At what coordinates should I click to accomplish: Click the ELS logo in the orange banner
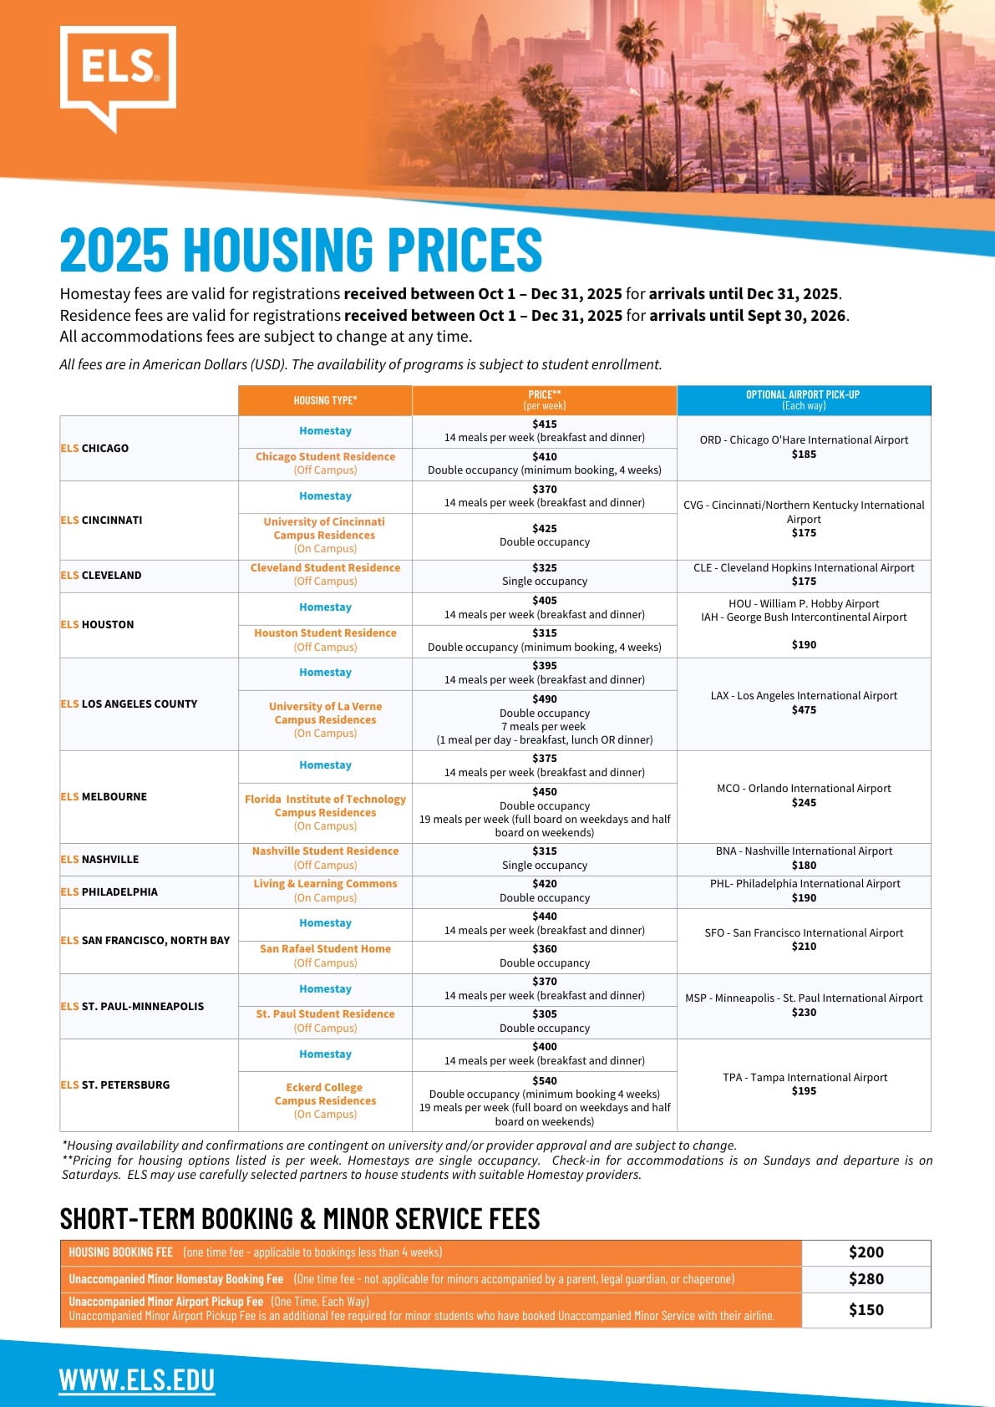(x=118, y=74)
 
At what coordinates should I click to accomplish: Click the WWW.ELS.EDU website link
(x=137, y=1379)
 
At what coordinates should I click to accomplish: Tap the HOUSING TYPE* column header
(x=325, y=400)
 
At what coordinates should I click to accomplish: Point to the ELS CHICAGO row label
(x=94, y=448)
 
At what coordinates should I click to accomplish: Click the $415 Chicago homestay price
(x=545, y=424)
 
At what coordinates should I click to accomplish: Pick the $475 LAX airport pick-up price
(x=804, y=710)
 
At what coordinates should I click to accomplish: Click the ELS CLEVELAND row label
(x=101, y=575)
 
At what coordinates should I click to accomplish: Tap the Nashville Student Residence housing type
(x=325, y=851)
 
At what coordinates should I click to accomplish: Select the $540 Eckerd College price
(x=545, y=1080)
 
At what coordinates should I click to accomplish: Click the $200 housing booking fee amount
(x=866, y=1252)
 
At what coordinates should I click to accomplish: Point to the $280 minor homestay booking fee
(x=866, y=1279)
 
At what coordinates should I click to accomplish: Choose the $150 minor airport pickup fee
(x=866, y=1310)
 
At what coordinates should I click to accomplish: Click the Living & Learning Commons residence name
(x=325, y=883)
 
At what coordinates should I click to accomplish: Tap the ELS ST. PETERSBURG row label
(x=114, y=1084)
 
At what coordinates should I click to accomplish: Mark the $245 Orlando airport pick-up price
(x=804, y=803)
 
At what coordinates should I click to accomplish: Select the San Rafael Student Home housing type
(x=325, y=948)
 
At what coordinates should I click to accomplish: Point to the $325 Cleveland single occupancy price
(x=545, y=567)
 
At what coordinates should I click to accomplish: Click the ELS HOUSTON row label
(x=97, y=624)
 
